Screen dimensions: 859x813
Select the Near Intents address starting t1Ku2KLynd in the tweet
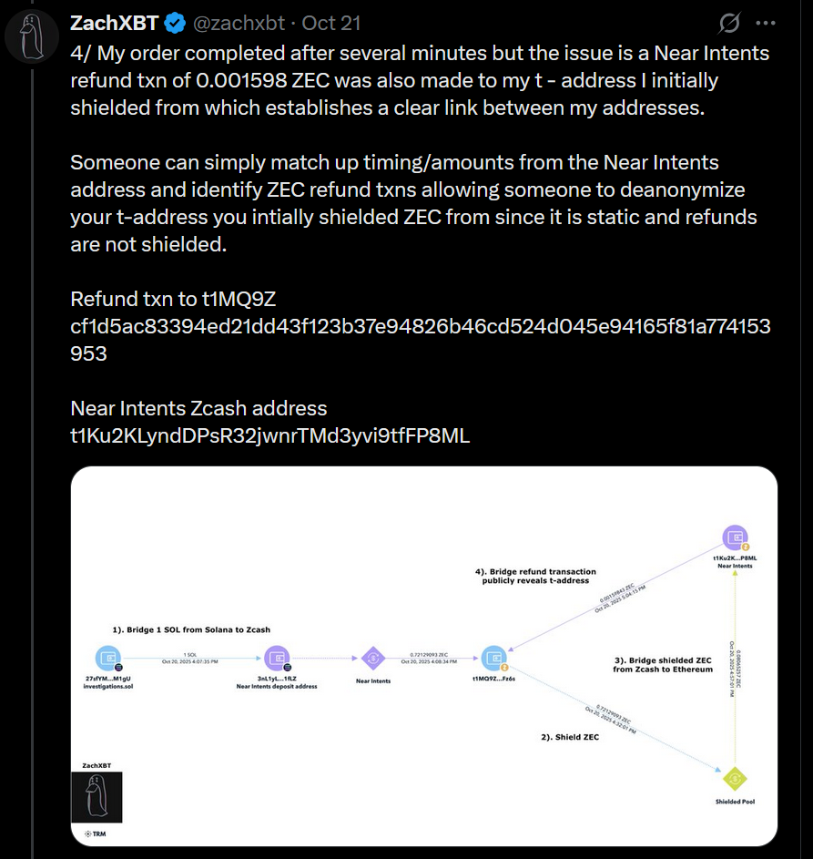point(270,435)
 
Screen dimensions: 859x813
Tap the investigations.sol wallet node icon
point(108,659)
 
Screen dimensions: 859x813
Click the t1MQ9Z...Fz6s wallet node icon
point(494,658)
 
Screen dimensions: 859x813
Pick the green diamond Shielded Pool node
point(734,779)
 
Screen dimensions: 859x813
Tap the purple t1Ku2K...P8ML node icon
point(734,537)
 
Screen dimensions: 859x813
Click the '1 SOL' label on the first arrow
point(189,654)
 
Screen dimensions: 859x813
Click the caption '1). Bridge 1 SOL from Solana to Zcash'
point(191,629)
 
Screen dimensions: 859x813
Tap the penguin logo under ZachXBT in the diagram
point(97,797)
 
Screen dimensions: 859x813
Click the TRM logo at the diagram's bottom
point(94,833)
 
